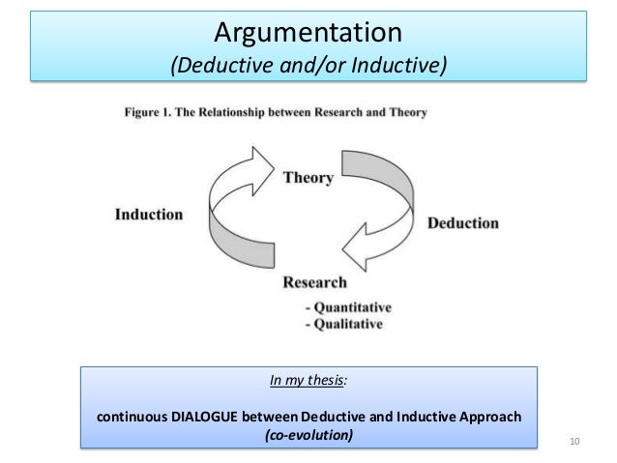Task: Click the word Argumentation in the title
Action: [307, 33]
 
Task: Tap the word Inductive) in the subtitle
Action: [399, 66]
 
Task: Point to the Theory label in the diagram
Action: [308, 178]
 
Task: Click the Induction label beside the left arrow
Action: [149, 214]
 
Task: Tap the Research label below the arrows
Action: [314, 283]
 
